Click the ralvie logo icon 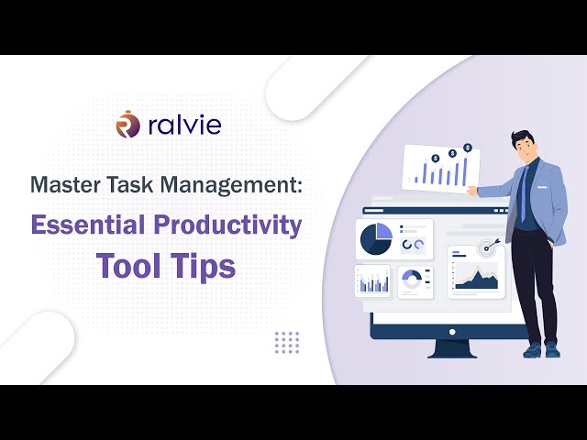click(x=127, y=124)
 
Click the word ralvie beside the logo click(x=183, y=125)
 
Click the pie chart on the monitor click(x=376, y=238)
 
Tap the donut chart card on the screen click(x=414, y=279)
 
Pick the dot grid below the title click(x=287, y=342)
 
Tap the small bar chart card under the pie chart click(x=372, y=281)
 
